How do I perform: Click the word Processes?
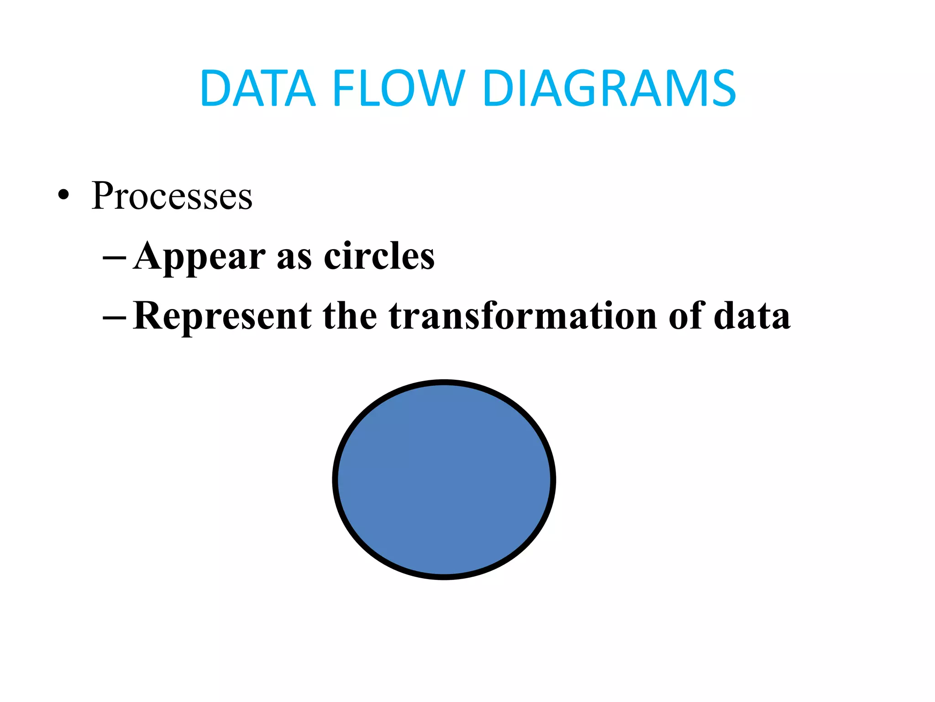pos(172,196)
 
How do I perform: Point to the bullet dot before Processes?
pos(64,196)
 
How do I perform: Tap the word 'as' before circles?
pos(294,258)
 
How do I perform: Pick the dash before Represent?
pos(115,317)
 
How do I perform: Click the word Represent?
pos(223,316)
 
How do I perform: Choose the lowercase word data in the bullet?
pos(751,316)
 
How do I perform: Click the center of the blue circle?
pos(444,479)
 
